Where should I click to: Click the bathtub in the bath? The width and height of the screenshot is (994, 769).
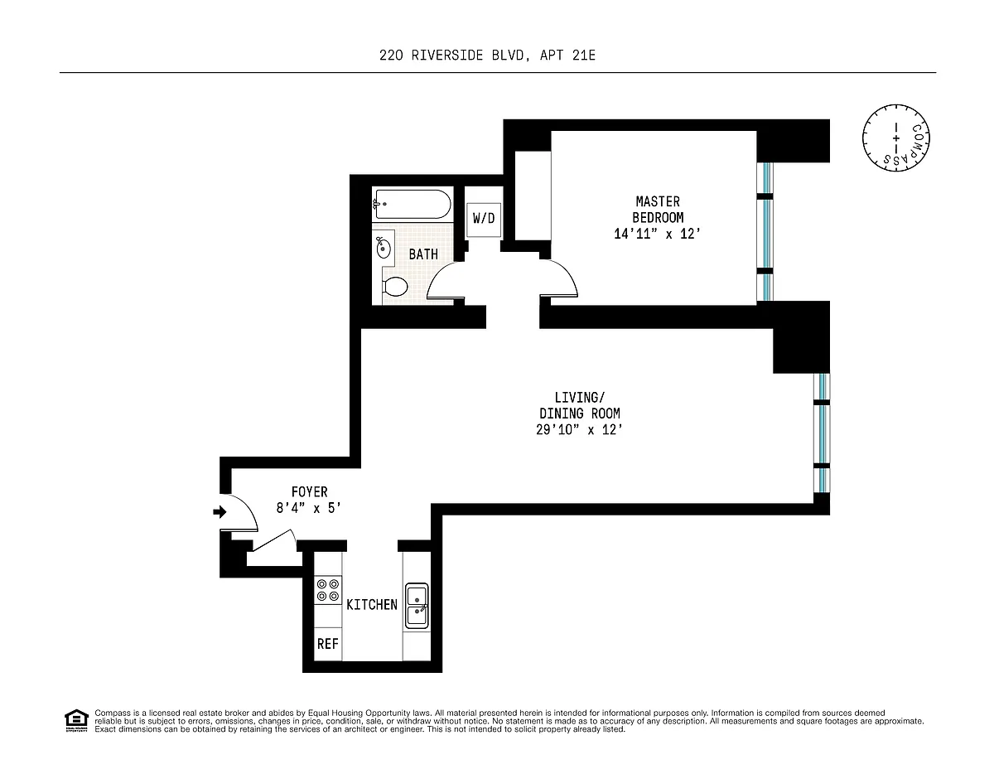pyautogui.click(x=413, y=204)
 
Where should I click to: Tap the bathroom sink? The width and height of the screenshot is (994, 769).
pyautogui.click(x=383, y=248)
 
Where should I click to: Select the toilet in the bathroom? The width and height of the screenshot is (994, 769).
pyautogui.click(x=395, y=287)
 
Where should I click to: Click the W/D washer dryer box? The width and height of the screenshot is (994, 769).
pyautogui.click(x=484, y=219)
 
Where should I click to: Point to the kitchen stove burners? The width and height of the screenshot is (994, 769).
pyautogui.click(x=328, y=590)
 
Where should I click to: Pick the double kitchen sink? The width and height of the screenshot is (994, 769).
pyautogui.click(x=417, y=605)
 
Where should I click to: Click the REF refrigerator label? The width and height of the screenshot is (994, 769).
pyautogui.click(x=327, y=644)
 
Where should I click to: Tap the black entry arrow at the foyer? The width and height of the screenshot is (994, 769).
pyautogui.click(x=220, y=511)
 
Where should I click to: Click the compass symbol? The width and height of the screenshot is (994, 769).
pyautogui.click(x=895, y=138)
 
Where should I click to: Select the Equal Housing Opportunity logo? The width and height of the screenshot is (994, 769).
pyautogui.click(x=76, y=720)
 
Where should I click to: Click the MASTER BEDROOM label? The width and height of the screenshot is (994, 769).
pyautogui.click(x=658, y=209)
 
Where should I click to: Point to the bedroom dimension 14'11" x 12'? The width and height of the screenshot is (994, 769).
pyautogui.click(x=657, y=234)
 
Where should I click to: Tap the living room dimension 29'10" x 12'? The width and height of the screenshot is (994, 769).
pyautogui.click(x=579, y=429)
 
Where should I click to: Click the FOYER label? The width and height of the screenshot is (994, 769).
pyautogui.click(x=309, y=491)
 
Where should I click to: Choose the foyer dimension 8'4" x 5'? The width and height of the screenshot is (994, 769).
pyautogui.click(x=309, y=508)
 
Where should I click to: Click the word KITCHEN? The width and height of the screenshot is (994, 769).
pyautogui.click(x=372, y=605)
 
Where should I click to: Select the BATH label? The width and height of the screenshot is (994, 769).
pyautogui.click(x=423, y=254)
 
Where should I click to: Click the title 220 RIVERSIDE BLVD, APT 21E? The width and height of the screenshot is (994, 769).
pyautogui.click(x=487, y=56)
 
